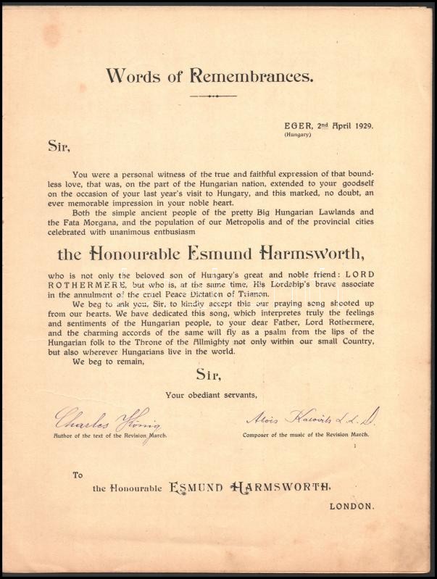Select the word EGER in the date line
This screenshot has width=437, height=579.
(295, 125)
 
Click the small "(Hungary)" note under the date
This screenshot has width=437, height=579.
(297, 135)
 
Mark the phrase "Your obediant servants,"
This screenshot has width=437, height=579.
(211, 395)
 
